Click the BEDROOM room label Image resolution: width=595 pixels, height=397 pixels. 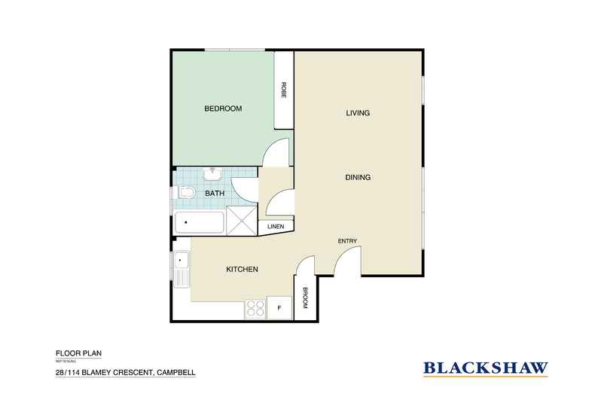[223, 109]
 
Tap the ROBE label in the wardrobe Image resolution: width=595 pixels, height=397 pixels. [284, 91]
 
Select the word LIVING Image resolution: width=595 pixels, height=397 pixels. [358, 114]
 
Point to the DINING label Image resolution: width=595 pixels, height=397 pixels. [358, 178]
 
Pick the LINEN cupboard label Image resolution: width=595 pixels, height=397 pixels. [275, 227]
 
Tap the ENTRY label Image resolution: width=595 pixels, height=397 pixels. [347, 241]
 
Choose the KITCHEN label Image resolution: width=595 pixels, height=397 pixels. [243, 270]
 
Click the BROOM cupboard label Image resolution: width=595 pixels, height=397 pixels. [305, 300]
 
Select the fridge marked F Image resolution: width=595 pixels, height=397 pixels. [279, 307]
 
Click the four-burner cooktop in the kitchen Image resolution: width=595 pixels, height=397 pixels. [255, 307]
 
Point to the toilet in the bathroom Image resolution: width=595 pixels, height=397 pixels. [185, 194]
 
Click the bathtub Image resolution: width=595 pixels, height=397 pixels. [200, 224]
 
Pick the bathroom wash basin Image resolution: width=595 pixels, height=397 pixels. [212, 175]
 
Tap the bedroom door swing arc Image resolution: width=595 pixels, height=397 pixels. [275, 153]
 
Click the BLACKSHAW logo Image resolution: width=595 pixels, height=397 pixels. [485, 368]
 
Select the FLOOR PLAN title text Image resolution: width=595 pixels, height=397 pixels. [78, 353]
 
